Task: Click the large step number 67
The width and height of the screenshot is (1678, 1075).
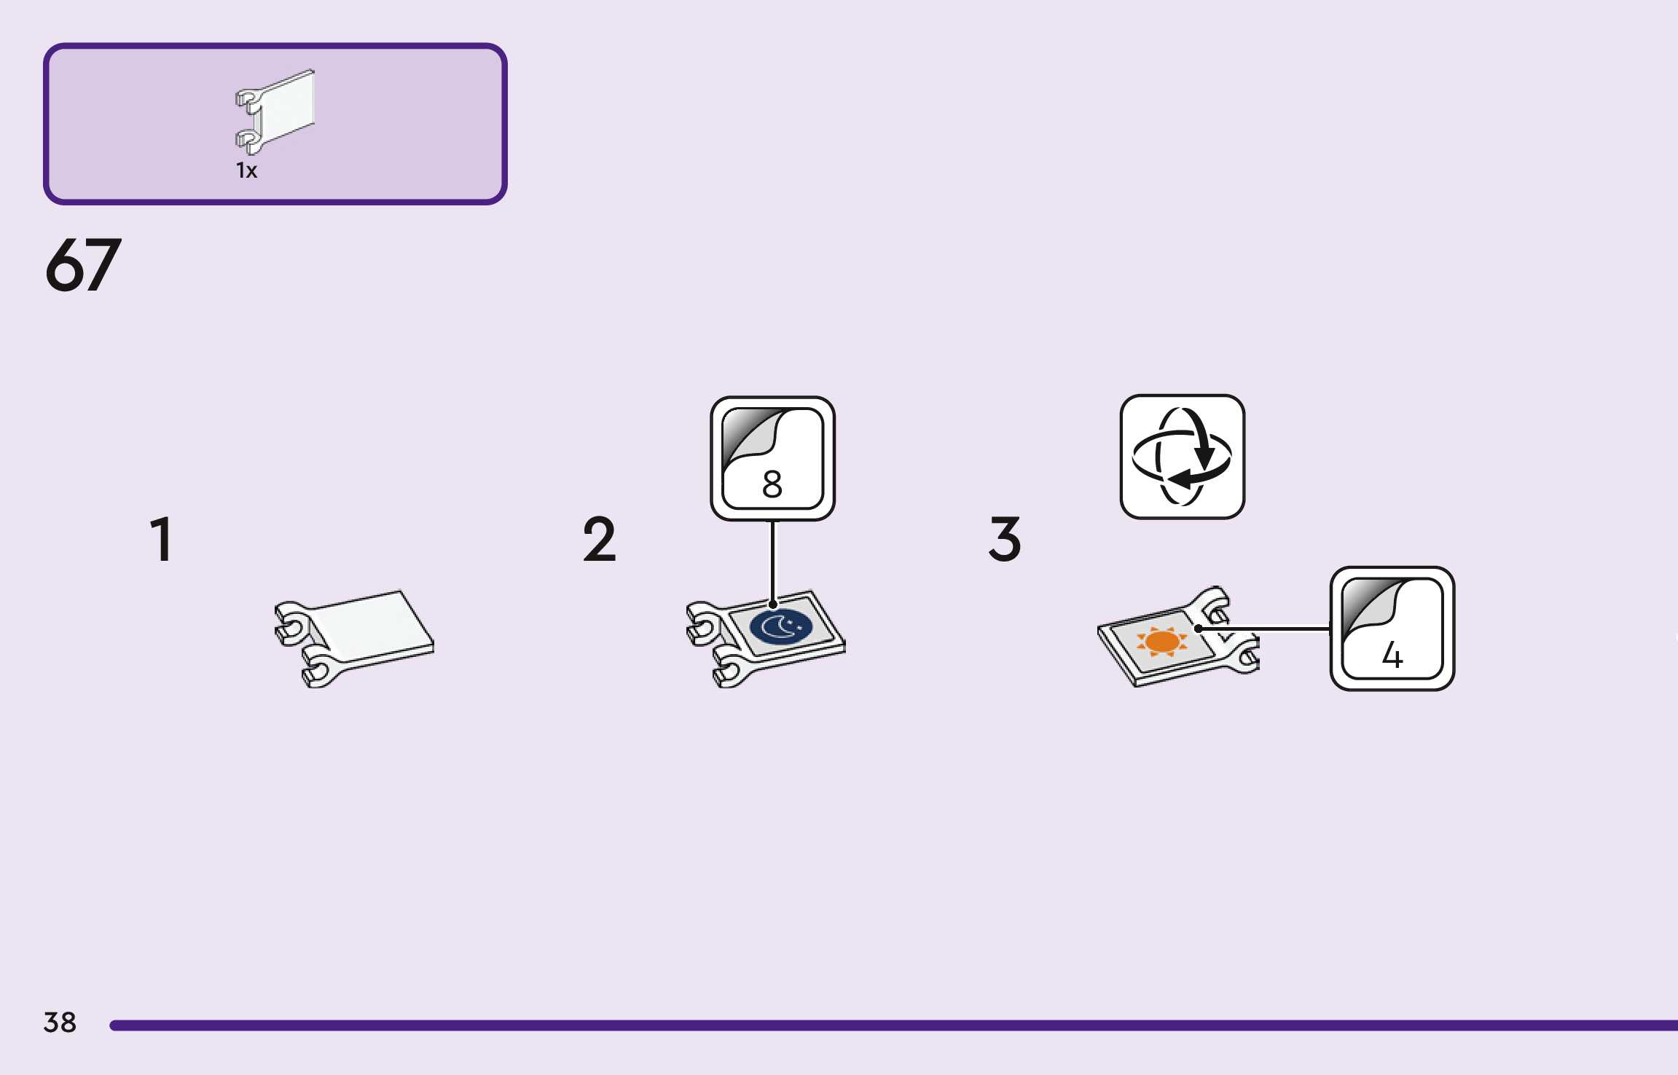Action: coord(83,265)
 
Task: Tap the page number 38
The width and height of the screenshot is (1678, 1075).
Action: coord(60,1023)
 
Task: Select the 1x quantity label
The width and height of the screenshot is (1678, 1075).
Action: coord(246,170)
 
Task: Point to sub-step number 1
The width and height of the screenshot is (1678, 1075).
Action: coord(162,540)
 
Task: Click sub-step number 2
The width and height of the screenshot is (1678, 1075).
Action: coord(599,540)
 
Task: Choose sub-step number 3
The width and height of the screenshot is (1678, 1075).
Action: coord(1005,540)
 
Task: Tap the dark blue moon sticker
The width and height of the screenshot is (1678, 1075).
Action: coord(780,627)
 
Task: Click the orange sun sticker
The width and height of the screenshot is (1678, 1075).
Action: coord(1161,642)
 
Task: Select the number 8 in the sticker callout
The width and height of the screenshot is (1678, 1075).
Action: coord(772,484)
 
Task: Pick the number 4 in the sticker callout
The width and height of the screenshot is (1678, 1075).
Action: coord(1392,655)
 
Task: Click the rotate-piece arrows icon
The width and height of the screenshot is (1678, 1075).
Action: coord(1182,457)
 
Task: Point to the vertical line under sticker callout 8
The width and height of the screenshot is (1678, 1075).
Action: coord(773,561)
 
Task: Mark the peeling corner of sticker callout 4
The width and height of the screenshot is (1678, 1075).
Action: coord(1368,605)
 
